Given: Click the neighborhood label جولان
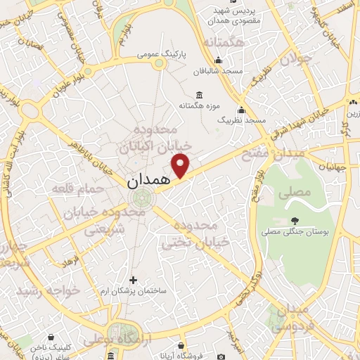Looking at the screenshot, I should coord(295,59).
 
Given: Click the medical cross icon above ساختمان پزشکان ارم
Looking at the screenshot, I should coord(133,279).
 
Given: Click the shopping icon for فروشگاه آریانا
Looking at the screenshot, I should coord(182,345).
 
